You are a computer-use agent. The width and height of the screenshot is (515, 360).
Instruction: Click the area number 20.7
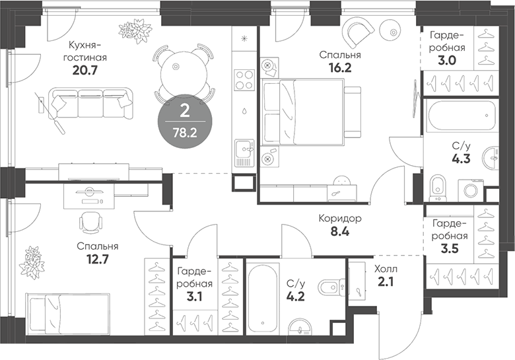pos(85,70)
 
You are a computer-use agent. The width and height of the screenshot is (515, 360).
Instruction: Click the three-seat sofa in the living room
pos(91,103)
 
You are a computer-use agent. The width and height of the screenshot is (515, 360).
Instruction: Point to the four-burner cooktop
pos(244,80)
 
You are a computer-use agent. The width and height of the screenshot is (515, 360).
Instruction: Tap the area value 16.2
pos(340,68)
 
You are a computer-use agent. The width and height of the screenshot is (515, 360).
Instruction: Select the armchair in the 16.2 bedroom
pos(357,32)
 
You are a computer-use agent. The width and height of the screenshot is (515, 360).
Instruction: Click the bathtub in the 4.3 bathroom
pos(460,116)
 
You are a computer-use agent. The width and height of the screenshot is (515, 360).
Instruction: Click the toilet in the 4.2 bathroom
pos(331,287)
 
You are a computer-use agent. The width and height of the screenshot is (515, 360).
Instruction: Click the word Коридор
pos(340,219)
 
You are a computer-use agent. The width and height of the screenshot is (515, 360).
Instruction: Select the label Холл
pos(386,270)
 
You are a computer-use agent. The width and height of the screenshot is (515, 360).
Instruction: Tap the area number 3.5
pos(450,248)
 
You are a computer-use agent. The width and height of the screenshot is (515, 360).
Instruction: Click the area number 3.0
pos(448,60)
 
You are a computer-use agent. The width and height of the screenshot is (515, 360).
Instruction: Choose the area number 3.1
pos(195,297)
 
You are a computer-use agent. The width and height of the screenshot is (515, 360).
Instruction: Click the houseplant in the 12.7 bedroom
pos(32,262)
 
